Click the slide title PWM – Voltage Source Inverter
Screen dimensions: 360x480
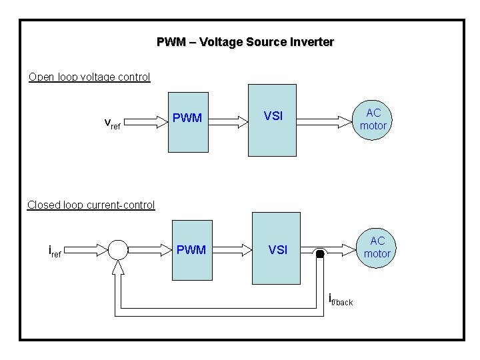click(245, 42)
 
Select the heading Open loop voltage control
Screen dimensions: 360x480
click(89, 77)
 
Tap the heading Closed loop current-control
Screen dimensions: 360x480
click(91, 205)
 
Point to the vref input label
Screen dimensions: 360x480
click(112, 123)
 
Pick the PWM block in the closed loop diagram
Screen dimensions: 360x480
click(192, 250)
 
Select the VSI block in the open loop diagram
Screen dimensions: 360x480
click(272, 120)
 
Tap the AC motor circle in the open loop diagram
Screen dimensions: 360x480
click(373, 119)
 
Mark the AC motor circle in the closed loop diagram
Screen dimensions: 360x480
click(377, 247)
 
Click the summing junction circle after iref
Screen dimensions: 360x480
click(117, 250)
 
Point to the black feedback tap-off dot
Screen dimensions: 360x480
click(320, 254)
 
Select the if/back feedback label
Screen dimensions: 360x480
click(341, 301)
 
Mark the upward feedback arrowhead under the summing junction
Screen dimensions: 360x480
click(118, 268)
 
